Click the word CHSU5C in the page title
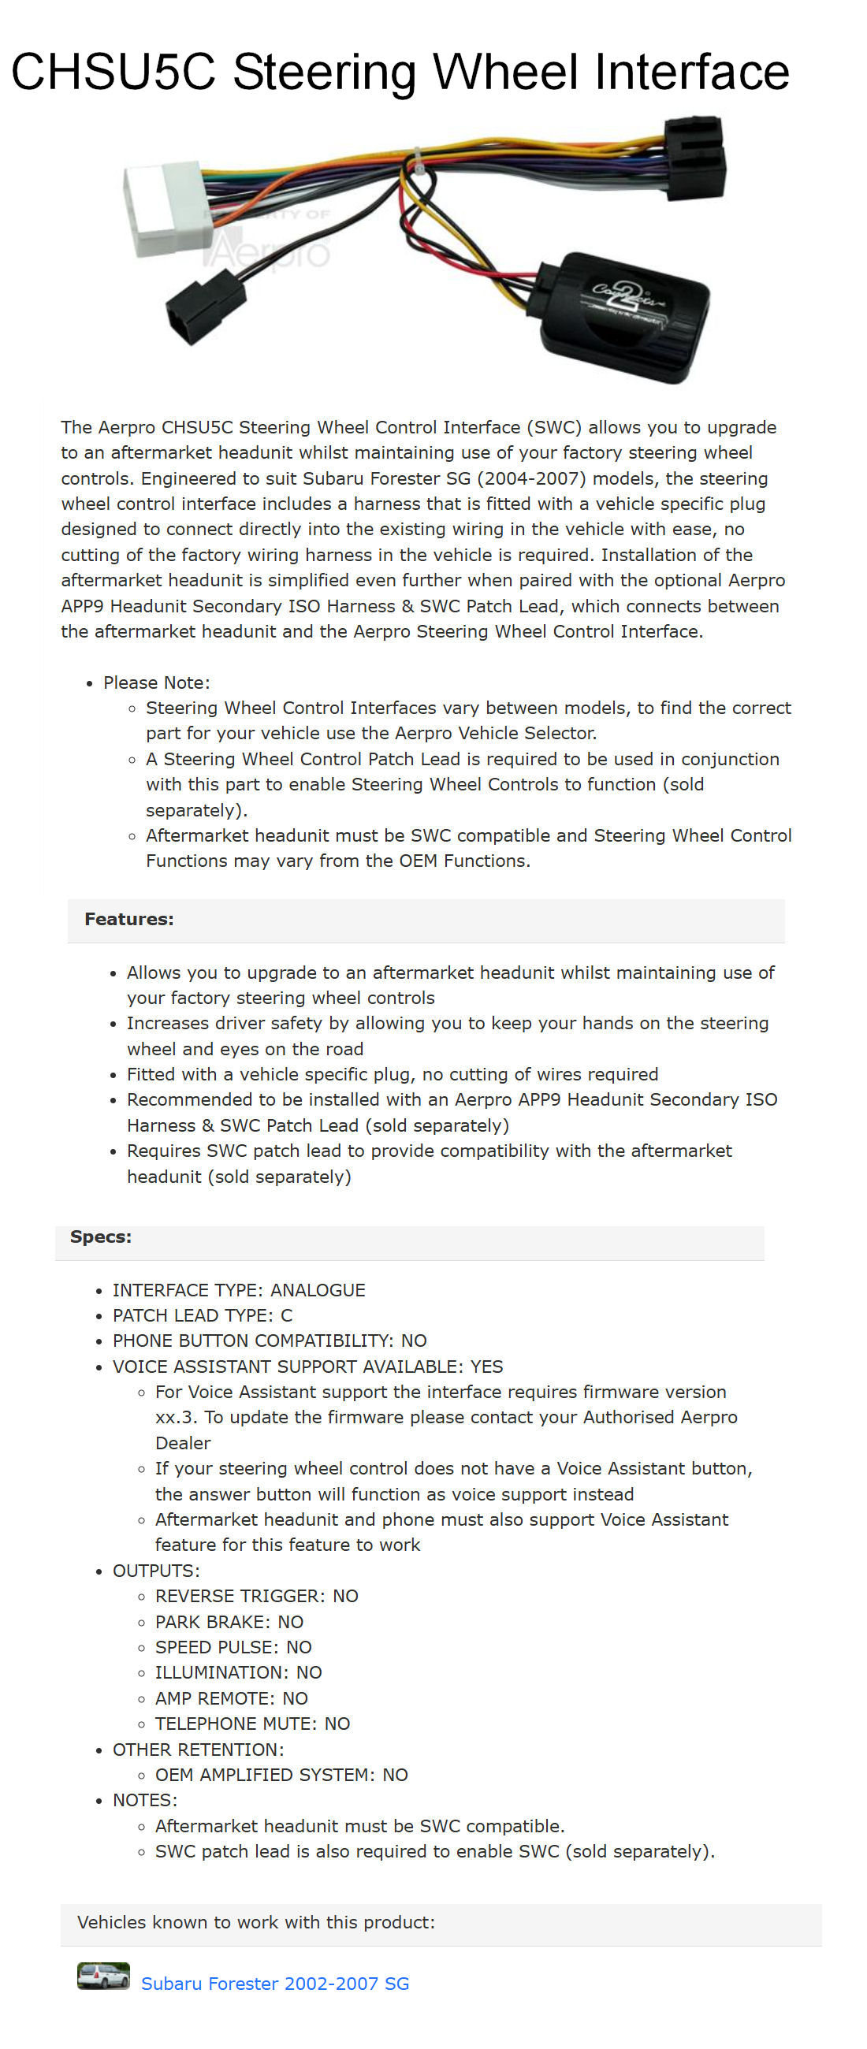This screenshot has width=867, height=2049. [112, 73]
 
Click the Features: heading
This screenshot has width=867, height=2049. [128, 919]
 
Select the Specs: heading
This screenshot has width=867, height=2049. [101, 1236]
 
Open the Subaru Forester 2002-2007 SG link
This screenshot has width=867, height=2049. [275, 1983]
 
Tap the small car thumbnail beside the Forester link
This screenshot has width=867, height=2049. [103, 1976]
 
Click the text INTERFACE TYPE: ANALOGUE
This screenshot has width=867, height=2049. [239, 1289]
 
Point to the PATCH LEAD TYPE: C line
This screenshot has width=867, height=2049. [202, 1315]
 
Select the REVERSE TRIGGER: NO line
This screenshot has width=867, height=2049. [256, 1596]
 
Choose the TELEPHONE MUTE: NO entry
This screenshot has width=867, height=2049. [252, 1723]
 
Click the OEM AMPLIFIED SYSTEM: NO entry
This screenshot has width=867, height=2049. [281, 1775]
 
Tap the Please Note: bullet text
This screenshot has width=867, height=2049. [157, 682]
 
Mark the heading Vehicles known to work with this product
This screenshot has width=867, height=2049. [256, 1922]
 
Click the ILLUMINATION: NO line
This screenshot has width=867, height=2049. [238, 1672]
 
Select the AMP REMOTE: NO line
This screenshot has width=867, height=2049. [231, 1698]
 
